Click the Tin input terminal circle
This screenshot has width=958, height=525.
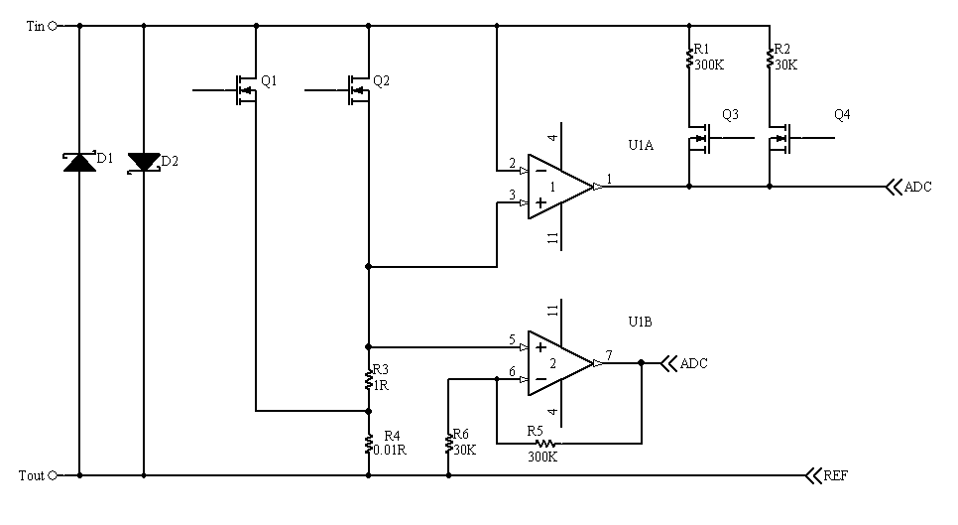tap(52, 26)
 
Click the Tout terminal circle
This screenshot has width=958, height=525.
tap(52, 475)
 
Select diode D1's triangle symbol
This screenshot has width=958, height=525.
tap(79, 162)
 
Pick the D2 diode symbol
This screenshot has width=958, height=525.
tap(144, 163)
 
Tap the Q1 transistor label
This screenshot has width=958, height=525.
tap(269, 80)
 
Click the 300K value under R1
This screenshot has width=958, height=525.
tap(709, 65)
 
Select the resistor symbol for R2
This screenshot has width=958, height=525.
tap(770, 60)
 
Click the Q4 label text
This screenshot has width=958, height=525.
tap(842, 114)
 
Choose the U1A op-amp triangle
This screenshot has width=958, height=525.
tap(561, 187)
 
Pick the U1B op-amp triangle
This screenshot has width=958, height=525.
tap(561, 363)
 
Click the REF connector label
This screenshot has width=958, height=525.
tap(835, 475)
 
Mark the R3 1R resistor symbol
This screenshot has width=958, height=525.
tap(368, 380)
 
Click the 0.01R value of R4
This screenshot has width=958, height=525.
tap(390, 450)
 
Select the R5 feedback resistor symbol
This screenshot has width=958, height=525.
tap(545, 443)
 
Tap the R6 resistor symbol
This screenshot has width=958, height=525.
tap(449, 443)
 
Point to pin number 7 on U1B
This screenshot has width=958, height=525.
tap(609, 355)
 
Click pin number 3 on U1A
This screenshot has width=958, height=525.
tap(512, 195)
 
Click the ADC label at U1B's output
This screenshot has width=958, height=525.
tap(693, 363)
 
